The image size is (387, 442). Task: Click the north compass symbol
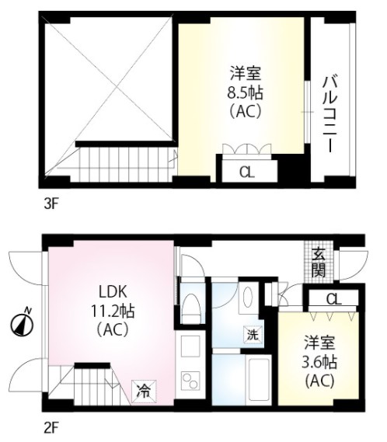pyautogui.click(x=22, y=323)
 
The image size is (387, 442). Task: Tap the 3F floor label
pyautogui.click(x=51, y=204)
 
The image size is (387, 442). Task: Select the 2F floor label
pyautogui.click(x=51, y=429)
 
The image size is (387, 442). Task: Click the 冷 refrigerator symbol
pyautogui.click(x=144, y=392)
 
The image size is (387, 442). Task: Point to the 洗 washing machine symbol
pyautogui.click(x=253, y=335)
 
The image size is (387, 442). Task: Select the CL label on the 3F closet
pyautogui.click(x=247, y=172)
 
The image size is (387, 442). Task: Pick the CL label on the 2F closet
pyautogui.click(x=333, y=299)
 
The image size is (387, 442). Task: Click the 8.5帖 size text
pyautogui.click(x=245, y=93)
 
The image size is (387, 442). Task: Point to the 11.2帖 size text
pyautogui.click(x=113, y=311)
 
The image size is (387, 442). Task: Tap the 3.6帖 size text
pyautogui.click(x=319, y=362)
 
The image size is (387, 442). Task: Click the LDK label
pyautogui.click(x=113, y=292)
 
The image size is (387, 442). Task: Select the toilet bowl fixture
pyautogui.click(x=191, y=308)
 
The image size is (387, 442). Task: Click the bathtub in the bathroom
pyautogui.click(x=258, y=379)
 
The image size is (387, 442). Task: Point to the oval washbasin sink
pyautogui.click(x=248, y=297)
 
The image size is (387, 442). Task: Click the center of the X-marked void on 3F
pyautogui.click(x=117, y=87)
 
